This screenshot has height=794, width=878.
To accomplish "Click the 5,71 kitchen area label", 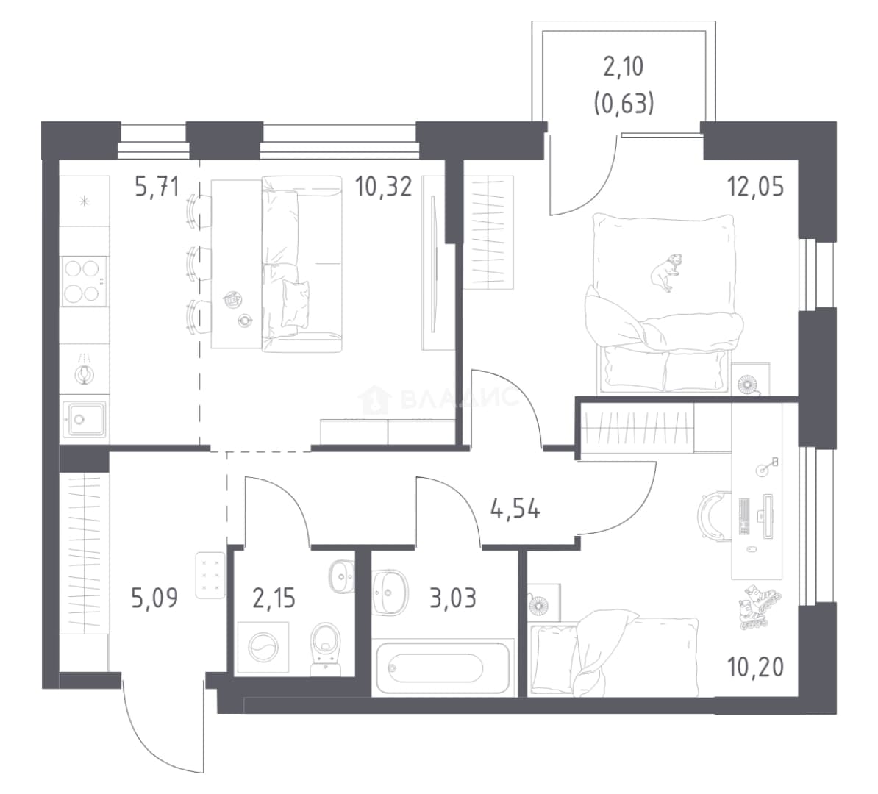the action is tap(157, 186).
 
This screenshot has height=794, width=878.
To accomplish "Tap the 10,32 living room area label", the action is tap(384, 186).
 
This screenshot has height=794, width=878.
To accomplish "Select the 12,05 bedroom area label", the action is tap(755, 186).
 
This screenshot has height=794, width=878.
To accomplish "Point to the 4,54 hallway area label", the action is tap(515, 509).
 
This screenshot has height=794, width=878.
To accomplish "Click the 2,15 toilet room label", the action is tap(274, 598).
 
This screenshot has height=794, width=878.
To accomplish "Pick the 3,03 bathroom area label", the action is tap(453, 598).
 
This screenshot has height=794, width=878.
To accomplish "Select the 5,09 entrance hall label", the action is tap(154, 598).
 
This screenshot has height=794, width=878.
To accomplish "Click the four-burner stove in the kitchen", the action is tap(85, 281).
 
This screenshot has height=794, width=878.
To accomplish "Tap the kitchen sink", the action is tap(84, 419).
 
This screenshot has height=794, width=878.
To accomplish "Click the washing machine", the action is tap(263, 647).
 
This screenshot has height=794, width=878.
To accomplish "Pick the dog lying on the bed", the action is tap(666, 272).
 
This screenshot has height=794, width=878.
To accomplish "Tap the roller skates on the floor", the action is tap(760, 607).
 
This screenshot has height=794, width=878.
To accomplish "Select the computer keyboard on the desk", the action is tap(745, 515).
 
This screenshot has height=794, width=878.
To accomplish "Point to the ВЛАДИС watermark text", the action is tap(460, 398).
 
